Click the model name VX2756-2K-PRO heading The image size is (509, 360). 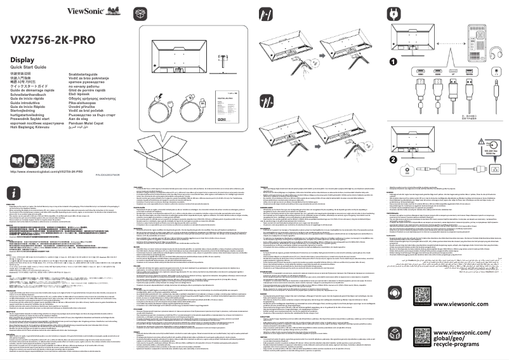click(53, 39)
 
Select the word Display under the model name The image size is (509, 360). click(22, 59)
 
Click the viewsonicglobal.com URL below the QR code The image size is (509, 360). click(48, 154)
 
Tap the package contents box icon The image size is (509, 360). click(141, 13)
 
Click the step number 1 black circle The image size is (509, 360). click(392, 62)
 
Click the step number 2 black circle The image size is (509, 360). click(392, 140)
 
